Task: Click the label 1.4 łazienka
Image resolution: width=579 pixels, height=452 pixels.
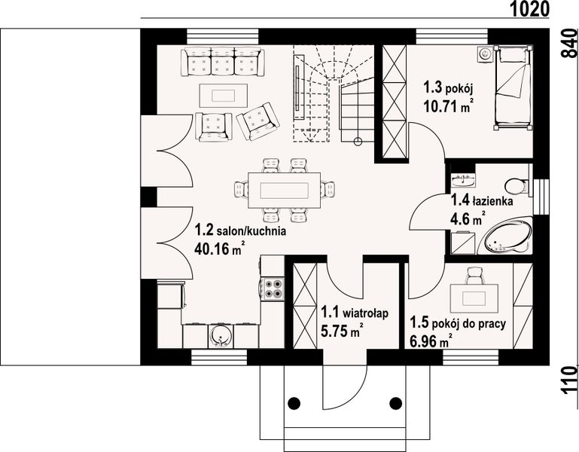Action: point(481,202)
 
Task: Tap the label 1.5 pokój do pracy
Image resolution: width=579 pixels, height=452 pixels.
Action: point(457,324)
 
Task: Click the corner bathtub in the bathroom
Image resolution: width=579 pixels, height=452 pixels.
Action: point(507,238)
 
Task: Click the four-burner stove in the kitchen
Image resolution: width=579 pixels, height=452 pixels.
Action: point(273,290)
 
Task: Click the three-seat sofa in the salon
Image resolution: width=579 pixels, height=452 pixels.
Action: point(222,61)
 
